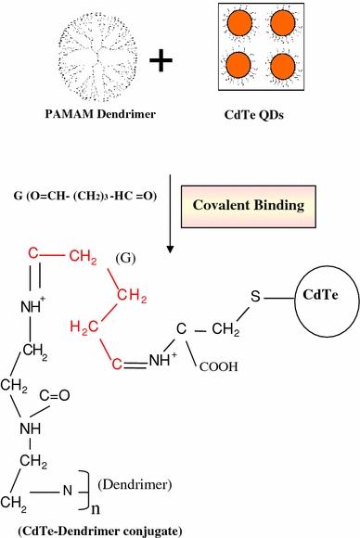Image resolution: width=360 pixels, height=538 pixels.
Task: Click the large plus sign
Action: pyautogui.click(x=164, y=59)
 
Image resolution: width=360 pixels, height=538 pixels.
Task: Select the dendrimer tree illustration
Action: pyautogui.click(x=85, y=53)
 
